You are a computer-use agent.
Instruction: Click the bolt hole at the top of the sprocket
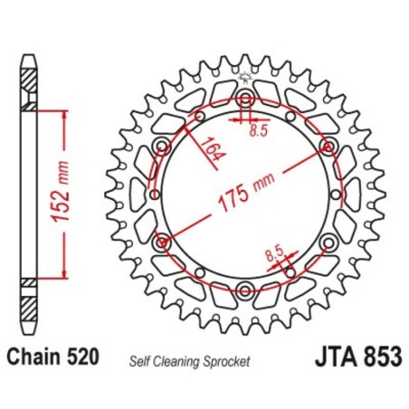pyautogui.click(x=245, y=99)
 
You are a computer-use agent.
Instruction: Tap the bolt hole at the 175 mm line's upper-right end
pyautogui.click(x=328, y=146)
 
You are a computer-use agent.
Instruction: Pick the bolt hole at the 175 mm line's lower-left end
pyautogui.click(x=163, y=242)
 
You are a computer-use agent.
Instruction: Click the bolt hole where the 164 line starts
pyautogui.click(x=163, y=147)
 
